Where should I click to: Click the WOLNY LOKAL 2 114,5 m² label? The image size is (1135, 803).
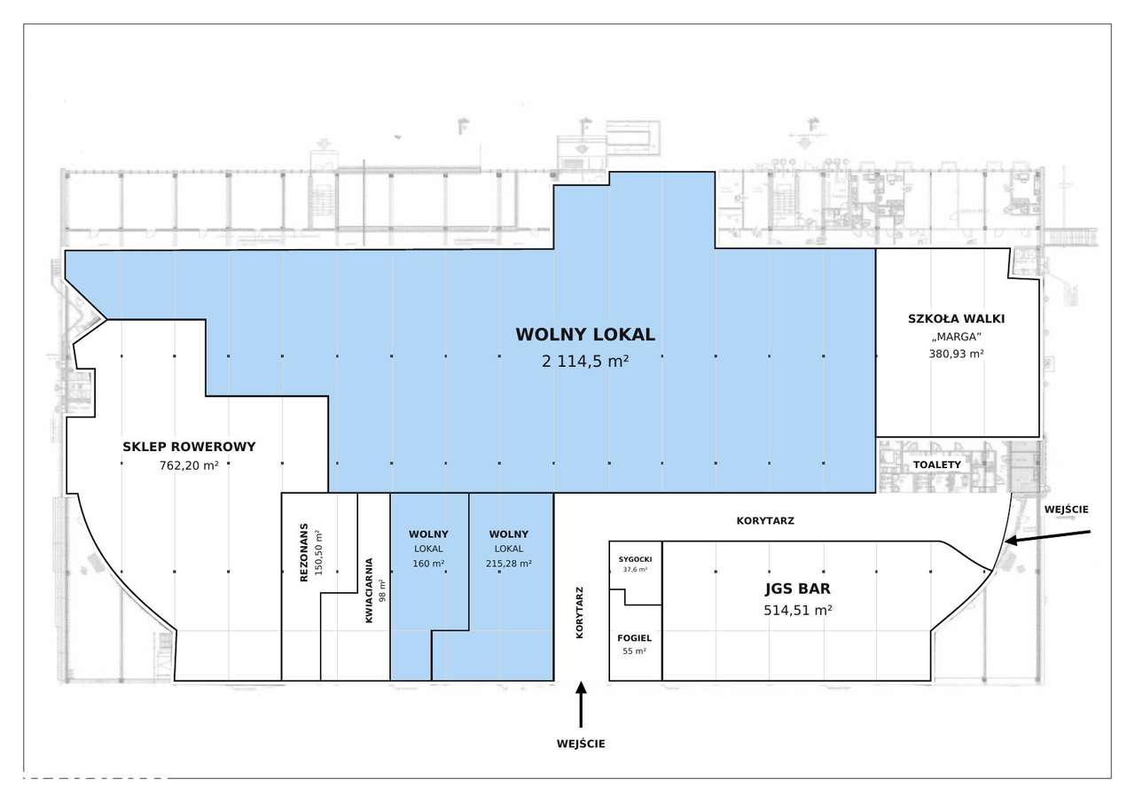(x=585, y=347)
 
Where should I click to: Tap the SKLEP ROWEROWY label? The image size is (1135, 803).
(x=189, y=447)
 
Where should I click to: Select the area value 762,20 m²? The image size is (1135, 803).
(x=189, y=465)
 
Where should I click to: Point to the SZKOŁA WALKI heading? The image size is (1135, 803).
(x=956, y=318)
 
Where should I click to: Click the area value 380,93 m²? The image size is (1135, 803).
(x=956, y=354)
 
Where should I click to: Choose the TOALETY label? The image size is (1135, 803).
(x=937, y=464)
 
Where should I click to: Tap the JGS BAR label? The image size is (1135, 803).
(x=797, y=589)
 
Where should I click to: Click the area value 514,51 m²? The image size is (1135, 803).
(x=797, y=610)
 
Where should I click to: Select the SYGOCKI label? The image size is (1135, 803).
(x=635, y=559)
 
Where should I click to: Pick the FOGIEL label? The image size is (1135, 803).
(x=634, y=638)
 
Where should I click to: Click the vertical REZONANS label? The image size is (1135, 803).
(x=303, y=552)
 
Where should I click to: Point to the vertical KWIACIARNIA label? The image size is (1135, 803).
(x=369, y=590)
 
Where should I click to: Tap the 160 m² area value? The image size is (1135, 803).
(x=428, y=564)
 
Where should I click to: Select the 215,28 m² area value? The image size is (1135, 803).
(x=509, y=564)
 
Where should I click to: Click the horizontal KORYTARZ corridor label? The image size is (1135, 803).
(x=765, y=520)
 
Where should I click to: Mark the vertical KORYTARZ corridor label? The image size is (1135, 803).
(x=580, y=612)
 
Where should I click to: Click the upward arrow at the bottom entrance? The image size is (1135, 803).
(x=581, y=705)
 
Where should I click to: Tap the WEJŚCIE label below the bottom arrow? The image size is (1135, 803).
(x=581, y=744)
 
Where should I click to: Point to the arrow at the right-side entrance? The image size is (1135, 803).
(x=1047, y=537)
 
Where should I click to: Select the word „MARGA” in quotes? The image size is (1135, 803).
(x=956, y=337)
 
